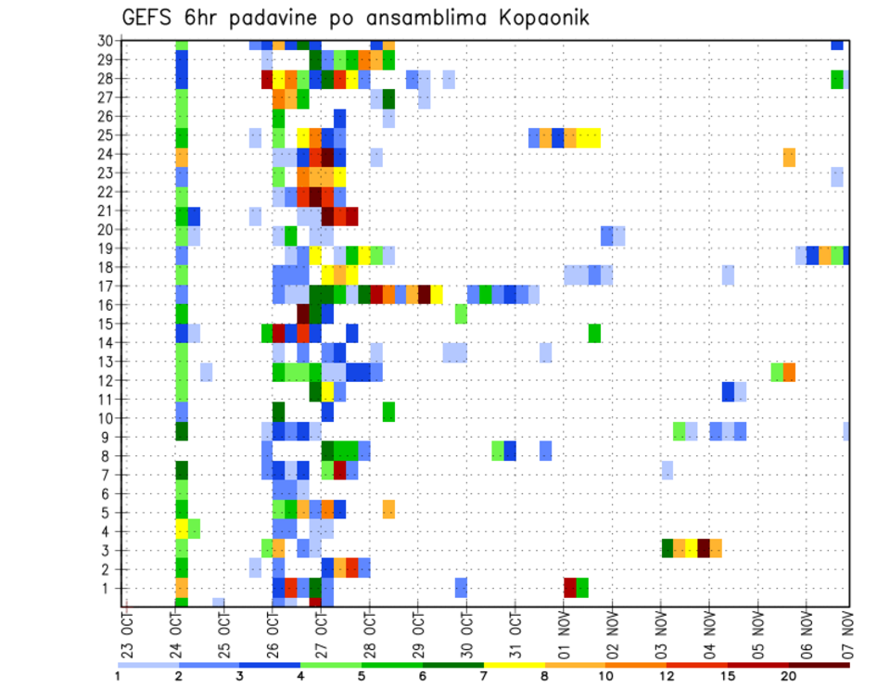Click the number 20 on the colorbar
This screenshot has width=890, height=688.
[x=789, y=676]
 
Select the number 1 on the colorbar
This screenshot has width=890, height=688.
[x=118, y=676]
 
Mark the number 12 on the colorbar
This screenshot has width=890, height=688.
[x=667, y=676]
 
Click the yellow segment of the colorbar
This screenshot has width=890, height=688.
[x=515, y=665]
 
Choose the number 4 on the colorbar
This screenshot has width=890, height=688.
[x=300, y=676]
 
